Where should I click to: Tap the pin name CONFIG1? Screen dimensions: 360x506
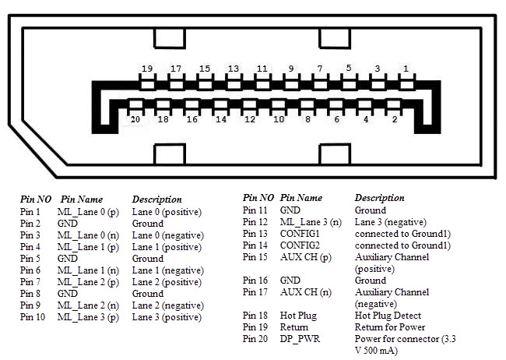301,234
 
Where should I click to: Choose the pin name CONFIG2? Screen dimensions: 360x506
301,245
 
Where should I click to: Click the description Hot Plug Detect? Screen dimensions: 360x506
388,316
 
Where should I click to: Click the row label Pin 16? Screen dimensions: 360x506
255,281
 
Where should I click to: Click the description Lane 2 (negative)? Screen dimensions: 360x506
167,305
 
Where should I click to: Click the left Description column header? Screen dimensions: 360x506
157,199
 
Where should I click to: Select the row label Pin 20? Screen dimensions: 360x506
255,339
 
